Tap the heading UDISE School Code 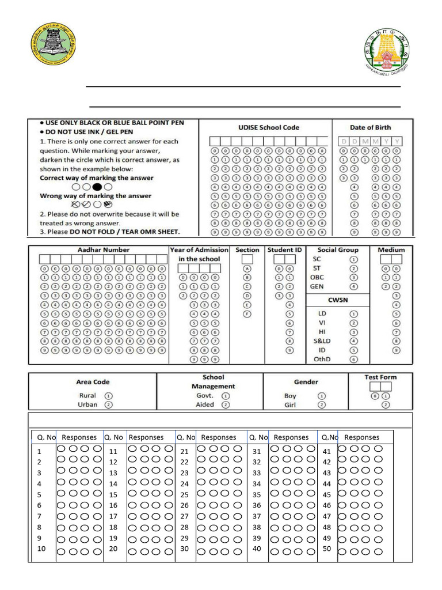pos(269,127)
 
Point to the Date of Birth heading pos(370,127)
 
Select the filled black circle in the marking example pos(97,187)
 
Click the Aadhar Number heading pos(104,250)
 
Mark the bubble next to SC pos(354,259)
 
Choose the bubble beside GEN pos(354,286)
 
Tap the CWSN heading pos(337,300)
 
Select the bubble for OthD pos(354,359)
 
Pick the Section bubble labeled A pos(247,268)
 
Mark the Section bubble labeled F pos(247,313)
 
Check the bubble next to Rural pos(109,396)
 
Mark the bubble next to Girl pos(322,405)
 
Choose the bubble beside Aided pos(226,405)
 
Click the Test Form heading pos(380,377)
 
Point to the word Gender pos(306,382)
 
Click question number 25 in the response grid pos(184,495)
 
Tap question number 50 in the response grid pos(327,549)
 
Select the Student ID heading pos(284,250)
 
